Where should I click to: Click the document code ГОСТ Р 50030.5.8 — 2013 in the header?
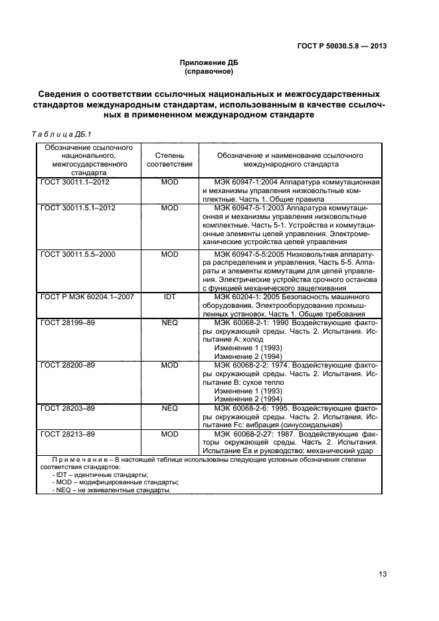tap(342, 46)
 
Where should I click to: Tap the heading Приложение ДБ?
tap(209, 62)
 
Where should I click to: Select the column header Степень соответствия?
tap(169, 159)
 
